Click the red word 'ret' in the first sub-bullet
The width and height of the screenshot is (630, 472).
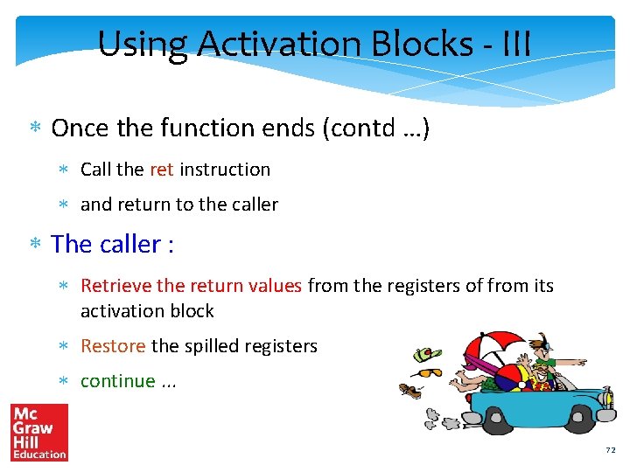coord(162,170)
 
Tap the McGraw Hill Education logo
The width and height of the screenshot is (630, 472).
coord(38,432)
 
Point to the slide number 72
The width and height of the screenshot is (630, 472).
coord(610,450)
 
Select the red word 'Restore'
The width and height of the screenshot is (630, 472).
coord(113,346)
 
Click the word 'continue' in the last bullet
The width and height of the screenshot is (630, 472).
coord(117,381)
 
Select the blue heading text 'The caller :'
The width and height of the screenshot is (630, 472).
coord(112,244)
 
